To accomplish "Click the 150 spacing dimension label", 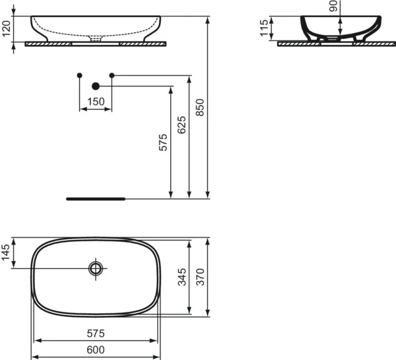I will [x=96, y=102].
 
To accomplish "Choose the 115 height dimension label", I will [x=265, y=28].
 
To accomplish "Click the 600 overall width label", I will [x=96, y=349].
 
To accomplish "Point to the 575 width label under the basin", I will [x=96, y=333].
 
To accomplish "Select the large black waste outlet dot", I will [x=96, y=86].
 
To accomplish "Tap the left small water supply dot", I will [x=80, y=75].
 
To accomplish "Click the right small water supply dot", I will [x=112, y=75].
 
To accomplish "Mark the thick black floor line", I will [x=96, y=197].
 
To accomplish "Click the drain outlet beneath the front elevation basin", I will [x=96, y=39].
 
